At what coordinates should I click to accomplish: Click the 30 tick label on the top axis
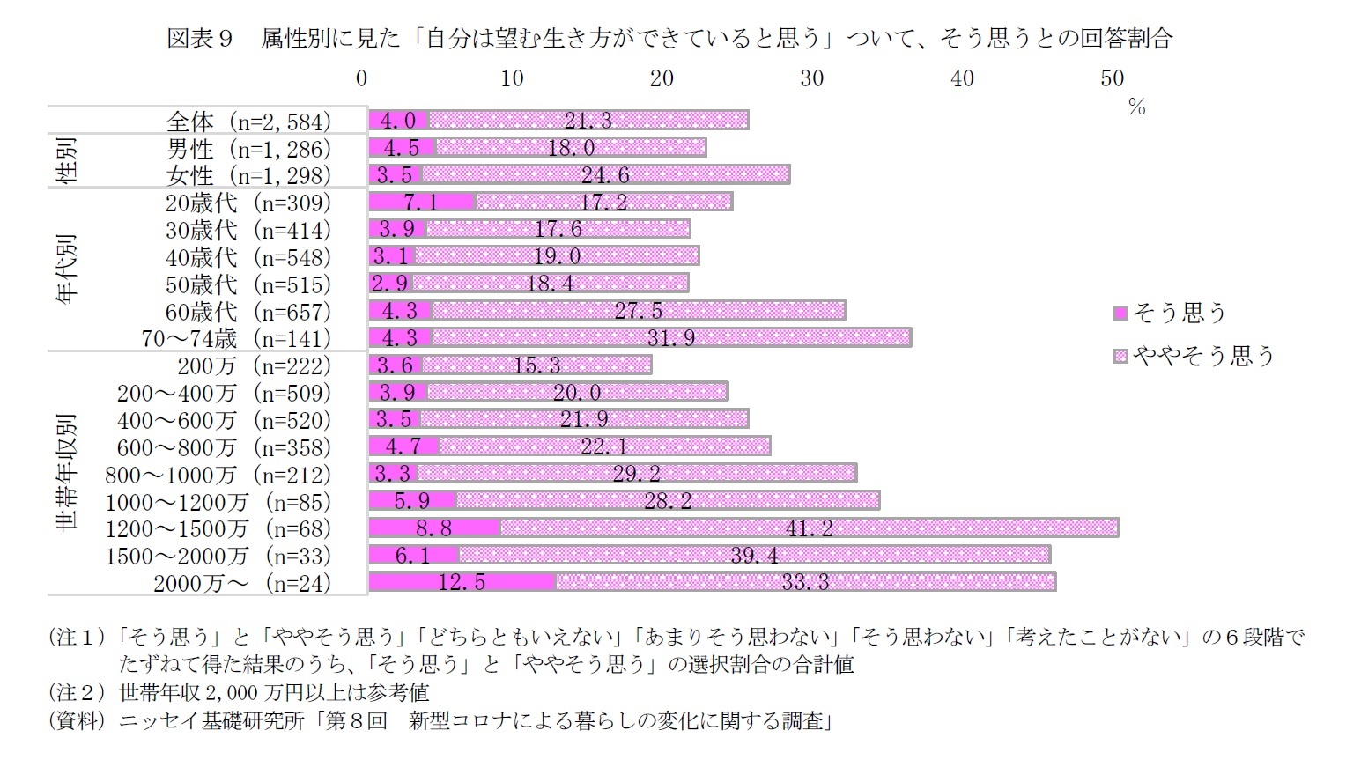pyautogui.click(x=811, y=78)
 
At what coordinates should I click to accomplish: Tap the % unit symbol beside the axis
pyautogui.click(x=1136, y=107)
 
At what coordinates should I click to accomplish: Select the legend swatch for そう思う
pyautogui.click(x=1120, y=313)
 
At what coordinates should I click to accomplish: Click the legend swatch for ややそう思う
pyautogui.click(x=1120, y=356)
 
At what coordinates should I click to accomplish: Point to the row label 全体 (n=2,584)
pyautogui.click(x=248, y=122)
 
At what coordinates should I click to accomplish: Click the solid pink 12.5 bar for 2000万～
pyautogui.click(x=462, y=581)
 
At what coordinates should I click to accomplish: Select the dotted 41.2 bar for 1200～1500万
pyautogui.click(x=809, y=528)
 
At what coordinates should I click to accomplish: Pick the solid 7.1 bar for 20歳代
pyautogui.click(x=422, y=202)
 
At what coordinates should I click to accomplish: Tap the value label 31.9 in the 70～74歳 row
pyautogui.click(x=670, y=337)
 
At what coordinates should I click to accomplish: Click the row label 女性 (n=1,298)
pyautogui.click(x=248, y=175)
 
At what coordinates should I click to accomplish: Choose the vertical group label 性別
pyautogui.click(x=67, y=160)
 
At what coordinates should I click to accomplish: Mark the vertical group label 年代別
pyautogui.click(x=67, y=269)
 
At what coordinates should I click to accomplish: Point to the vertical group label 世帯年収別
pyautogui.click(x=67, y=474)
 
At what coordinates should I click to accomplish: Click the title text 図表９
pyautogui.click(x=198, y=39)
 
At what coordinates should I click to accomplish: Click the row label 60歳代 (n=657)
pyautogui.click(x=248, y=312)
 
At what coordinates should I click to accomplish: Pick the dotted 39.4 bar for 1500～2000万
pyautogui.click(x=754, y=555)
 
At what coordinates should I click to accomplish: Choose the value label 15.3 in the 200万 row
pyautogui.click(x=536, y=365)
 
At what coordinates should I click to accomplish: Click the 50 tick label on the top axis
pyautogui.click(x=1112, y=78)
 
